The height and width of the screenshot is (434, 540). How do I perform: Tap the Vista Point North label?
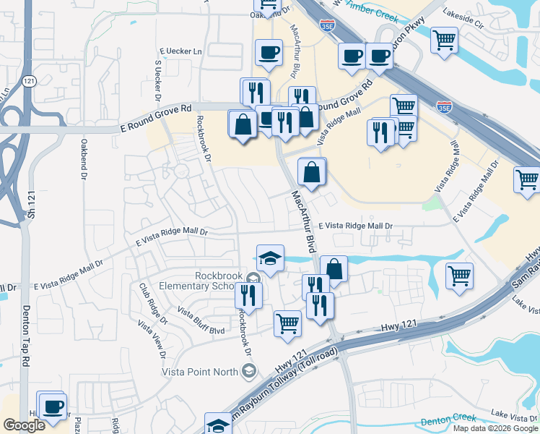tap(199, 372)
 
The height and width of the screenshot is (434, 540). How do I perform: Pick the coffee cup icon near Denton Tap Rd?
tap(53, 406)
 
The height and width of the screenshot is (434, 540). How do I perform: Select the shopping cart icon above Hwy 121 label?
tap(287, 323)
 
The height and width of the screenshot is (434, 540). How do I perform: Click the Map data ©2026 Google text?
tap(495, 428)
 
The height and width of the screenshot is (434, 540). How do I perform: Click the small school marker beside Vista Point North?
tap(249, 372)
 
